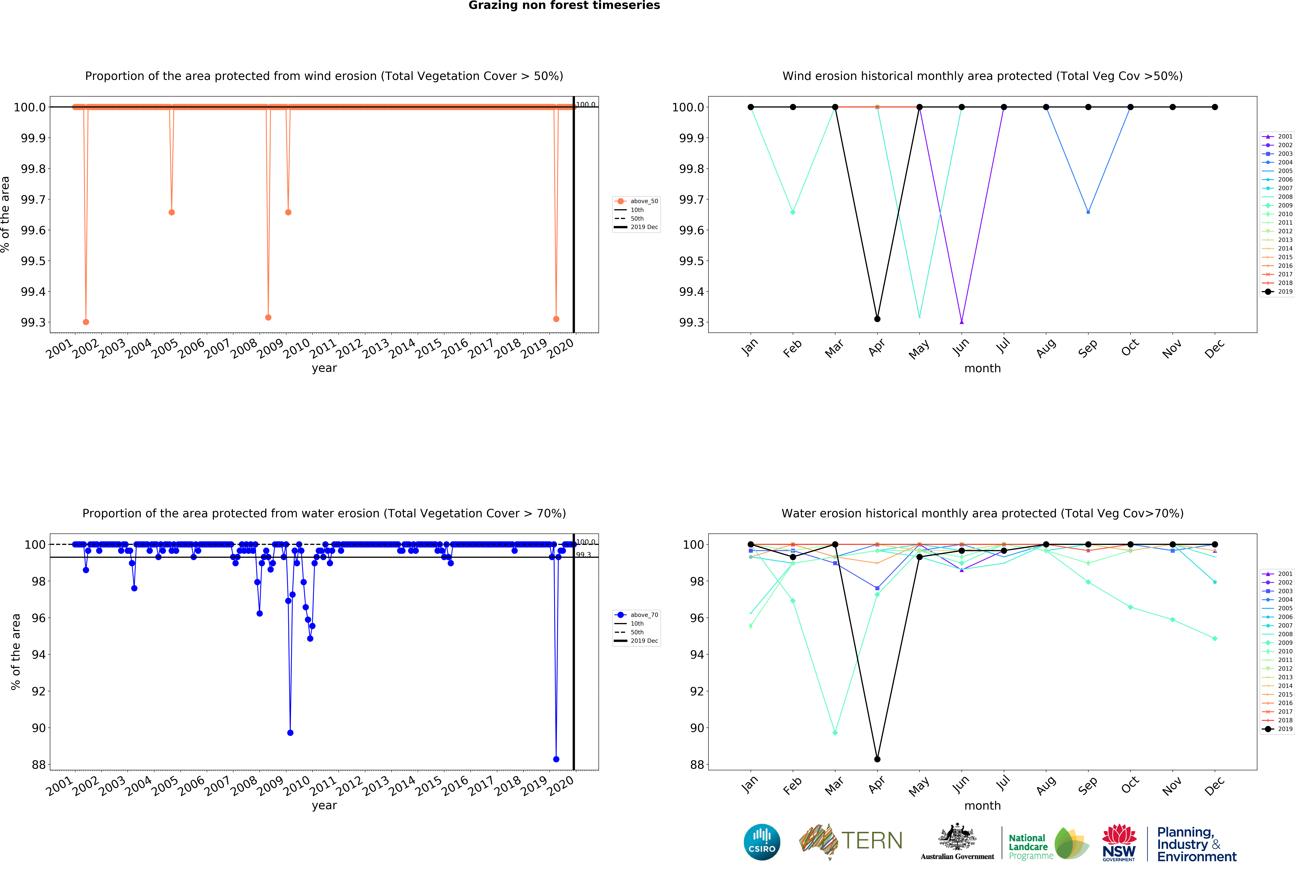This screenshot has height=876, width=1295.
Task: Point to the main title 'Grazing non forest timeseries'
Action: [x=564, y=6]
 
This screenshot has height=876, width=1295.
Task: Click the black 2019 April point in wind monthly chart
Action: [x=877, y=319]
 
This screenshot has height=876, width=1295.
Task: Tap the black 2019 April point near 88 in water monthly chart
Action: [x=877, y=759]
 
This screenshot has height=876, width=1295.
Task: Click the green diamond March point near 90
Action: [x=835, y=732]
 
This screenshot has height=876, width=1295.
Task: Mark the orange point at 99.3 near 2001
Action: [x=86, y=322]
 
